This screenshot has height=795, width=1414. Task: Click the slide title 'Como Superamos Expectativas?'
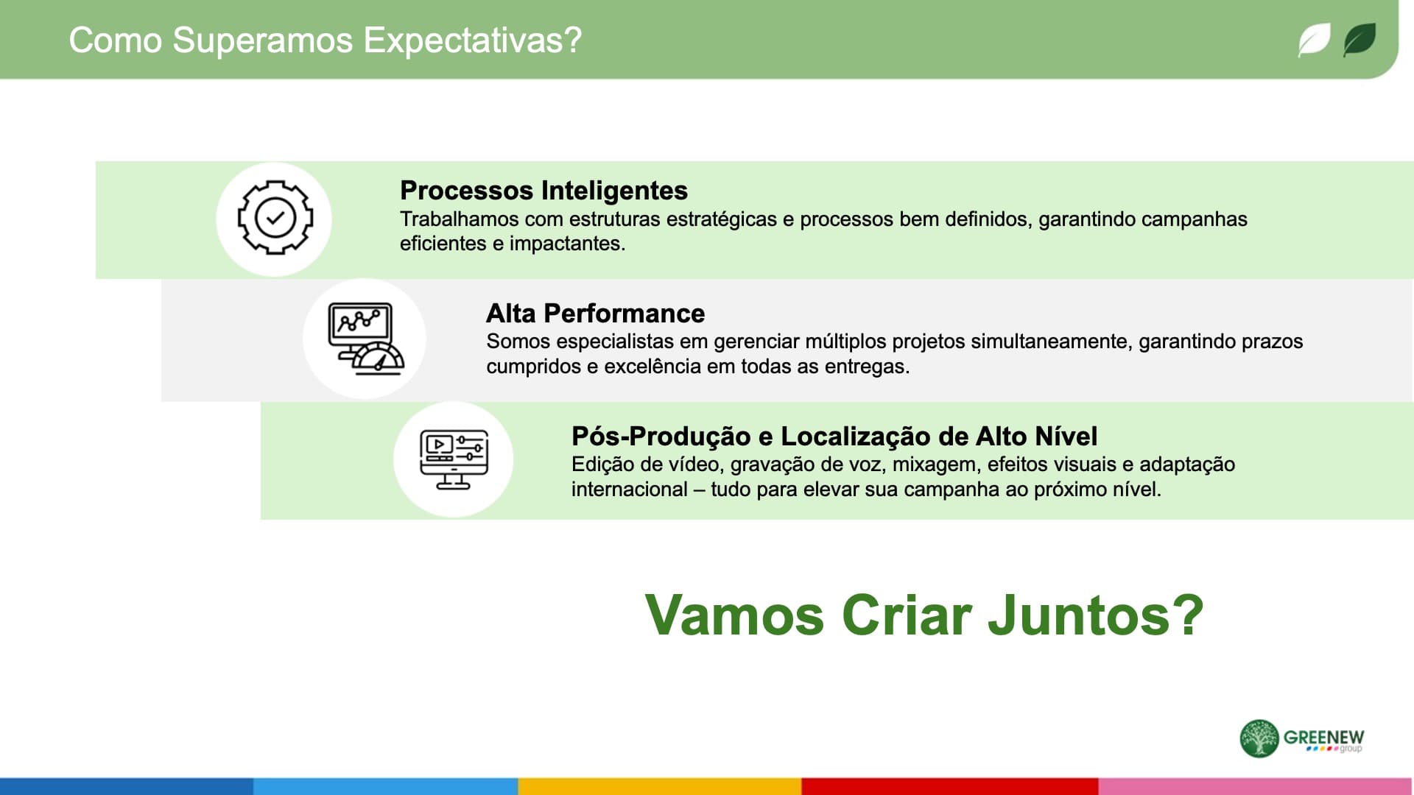click(x=325, y=40)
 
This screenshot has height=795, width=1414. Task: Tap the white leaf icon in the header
click(x=1314, y=40)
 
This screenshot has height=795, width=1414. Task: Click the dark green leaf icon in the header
click(x=1359, y=40)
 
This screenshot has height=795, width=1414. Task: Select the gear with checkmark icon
click(x=275, y=218)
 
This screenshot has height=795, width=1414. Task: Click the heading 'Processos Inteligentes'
click(x=544, y=190)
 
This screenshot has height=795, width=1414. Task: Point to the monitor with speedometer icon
click(x=365, y=339)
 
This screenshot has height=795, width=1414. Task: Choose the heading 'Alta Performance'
click(x=595, y=313)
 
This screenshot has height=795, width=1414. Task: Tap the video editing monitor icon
click(x=454, y=459)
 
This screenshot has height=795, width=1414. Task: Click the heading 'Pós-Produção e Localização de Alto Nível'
click(x=834, y=436)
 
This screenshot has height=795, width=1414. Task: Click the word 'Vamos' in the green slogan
click(x=734, y=615)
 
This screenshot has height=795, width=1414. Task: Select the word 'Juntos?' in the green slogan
click(x=1095, y=615)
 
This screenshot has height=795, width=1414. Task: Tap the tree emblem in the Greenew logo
click(x=1259, y=738)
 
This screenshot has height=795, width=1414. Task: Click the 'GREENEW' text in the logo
click(x=1323, y=737)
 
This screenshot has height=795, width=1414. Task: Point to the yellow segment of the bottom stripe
click(x=660, y=786)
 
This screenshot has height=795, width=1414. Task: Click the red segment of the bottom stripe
click(x=950, y=786)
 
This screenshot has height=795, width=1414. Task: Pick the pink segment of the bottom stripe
click(x=1255, y=786)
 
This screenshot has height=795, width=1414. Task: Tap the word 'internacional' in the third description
click(x=630, y=490)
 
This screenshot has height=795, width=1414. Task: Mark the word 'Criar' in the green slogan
click(x=907, y=615)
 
